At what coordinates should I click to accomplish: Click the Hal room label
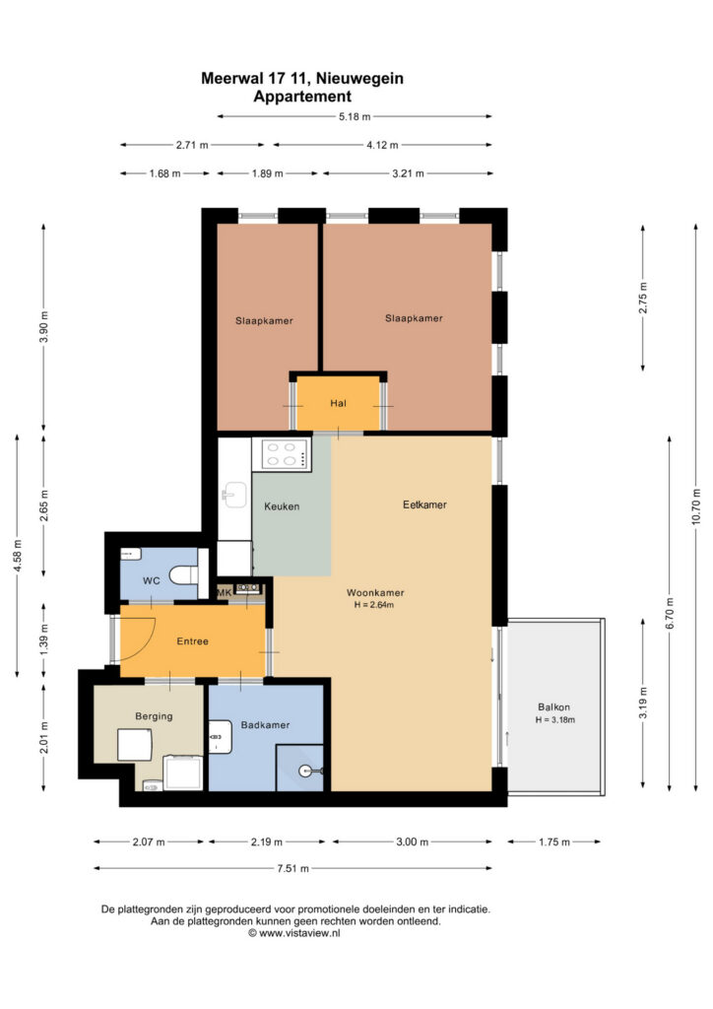pos(338,403)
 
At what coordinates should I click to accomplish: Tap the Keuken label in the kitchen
pos(282,506)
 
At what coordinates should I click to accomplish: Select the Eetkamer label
pos(424,504)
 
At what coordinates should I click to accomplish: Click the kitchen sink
pos(234,495)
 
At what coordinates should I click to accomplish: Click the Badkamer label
pos(265,724)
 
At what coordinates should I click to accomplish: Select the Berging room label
pos(154,716)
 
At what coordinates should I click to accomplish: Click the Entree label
pos(192,640)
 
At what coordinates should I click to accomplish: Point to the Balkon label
pos(553,706)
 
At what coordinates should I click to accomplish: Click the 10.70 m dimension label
pos(696,507)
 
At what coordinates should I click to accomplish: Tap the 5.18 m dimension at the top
pos(355,116)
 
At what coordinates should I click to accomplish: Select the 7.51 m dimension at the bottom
pos(292,869)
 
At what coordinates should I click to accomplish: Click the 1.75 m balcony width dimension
pos(554,841)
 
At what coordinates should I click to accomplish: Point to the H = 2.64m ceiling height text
pos(373,605)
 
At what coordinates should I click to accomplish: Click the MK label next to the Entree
pos(224,592)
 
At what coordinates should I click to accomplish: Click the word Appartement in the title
pos(302,97)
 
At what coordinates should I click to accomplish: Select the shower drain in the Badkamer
pos(305,771)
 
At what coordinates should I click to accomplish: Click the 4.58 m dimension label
pos(18,556)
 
